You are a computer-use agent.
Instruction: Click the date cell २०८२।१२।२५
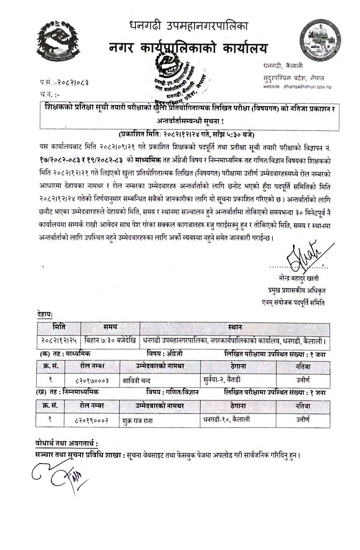tap(58, 341)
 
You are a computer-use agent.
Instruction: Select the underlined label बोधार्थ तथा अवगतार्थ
tap(66, 443)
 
